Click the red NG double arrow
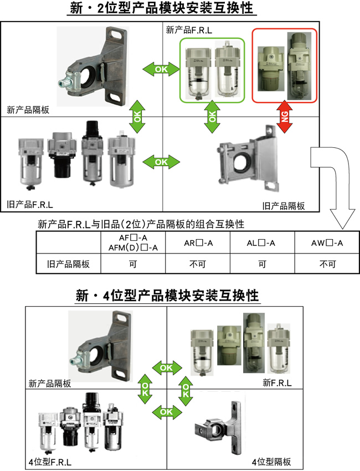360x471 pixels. coord(285,117)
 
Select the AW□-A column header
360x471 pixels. coord(327,243)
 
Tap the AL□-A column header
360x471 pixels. coord(263,243)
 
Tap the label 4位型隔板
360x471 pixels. coord(271,462)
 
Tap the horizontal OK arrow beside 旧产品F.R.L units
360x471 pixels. coord(161,162)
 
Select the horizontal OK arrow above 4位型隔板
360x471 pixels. coord(166,412)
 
